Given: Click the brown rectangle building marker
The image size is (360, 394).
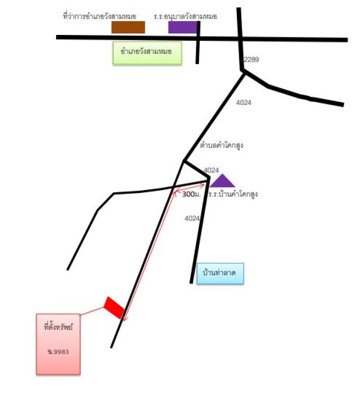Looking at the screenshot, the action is (128, 27).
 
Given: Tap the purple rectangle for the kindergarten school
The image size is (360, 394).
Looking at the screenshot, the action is (183, 27).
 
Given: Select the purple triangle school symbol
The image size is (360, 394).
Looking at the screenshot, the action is (222, 181).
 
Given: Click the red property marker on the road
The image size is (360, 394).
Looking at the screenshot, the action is (114, 307).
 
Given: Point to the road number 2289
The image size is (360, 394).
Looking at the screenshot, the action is (251, 60).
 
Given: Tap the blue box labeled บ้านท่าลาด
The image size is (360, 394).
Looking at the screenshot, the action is (220, 273).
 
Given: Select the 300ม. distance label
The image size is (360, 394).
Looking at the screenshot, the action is (192, 194).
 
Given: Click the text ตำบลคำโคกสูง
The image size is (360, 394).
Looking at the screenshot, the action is (222, 145).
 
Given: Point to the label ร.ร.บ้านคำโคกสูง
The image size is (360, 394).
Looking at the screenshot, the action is (233, 194).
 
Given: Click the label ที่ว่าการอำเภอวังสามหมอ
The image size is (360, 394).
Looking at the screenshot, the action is (100, 17).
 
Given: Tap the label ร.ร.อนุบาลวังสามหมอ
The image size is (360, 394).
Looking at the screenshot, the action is (185, 17).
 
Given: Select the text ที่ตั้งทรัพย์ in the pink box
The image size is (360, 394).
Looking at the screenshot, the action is (58, 327).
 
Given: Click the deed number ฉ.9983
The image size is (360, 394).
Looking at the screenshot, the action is (58, 352).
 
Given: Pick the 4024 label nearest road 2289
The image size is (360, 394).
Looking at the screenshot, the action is (243, 102).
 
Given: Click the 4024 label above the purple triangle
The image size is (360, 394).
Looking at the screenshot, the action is (211, 170).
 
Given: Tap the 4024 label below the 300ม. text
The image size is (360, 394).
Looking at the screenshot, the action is (192, 218).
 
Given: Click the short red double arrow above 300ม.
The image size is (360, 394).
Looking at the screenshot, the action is (190, 188).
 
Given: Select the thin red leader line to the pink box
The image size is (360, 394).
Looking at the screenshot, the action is (92, 311).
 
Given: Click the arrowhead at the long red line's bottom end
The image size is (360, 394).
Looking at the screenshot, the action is (125, 319).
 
